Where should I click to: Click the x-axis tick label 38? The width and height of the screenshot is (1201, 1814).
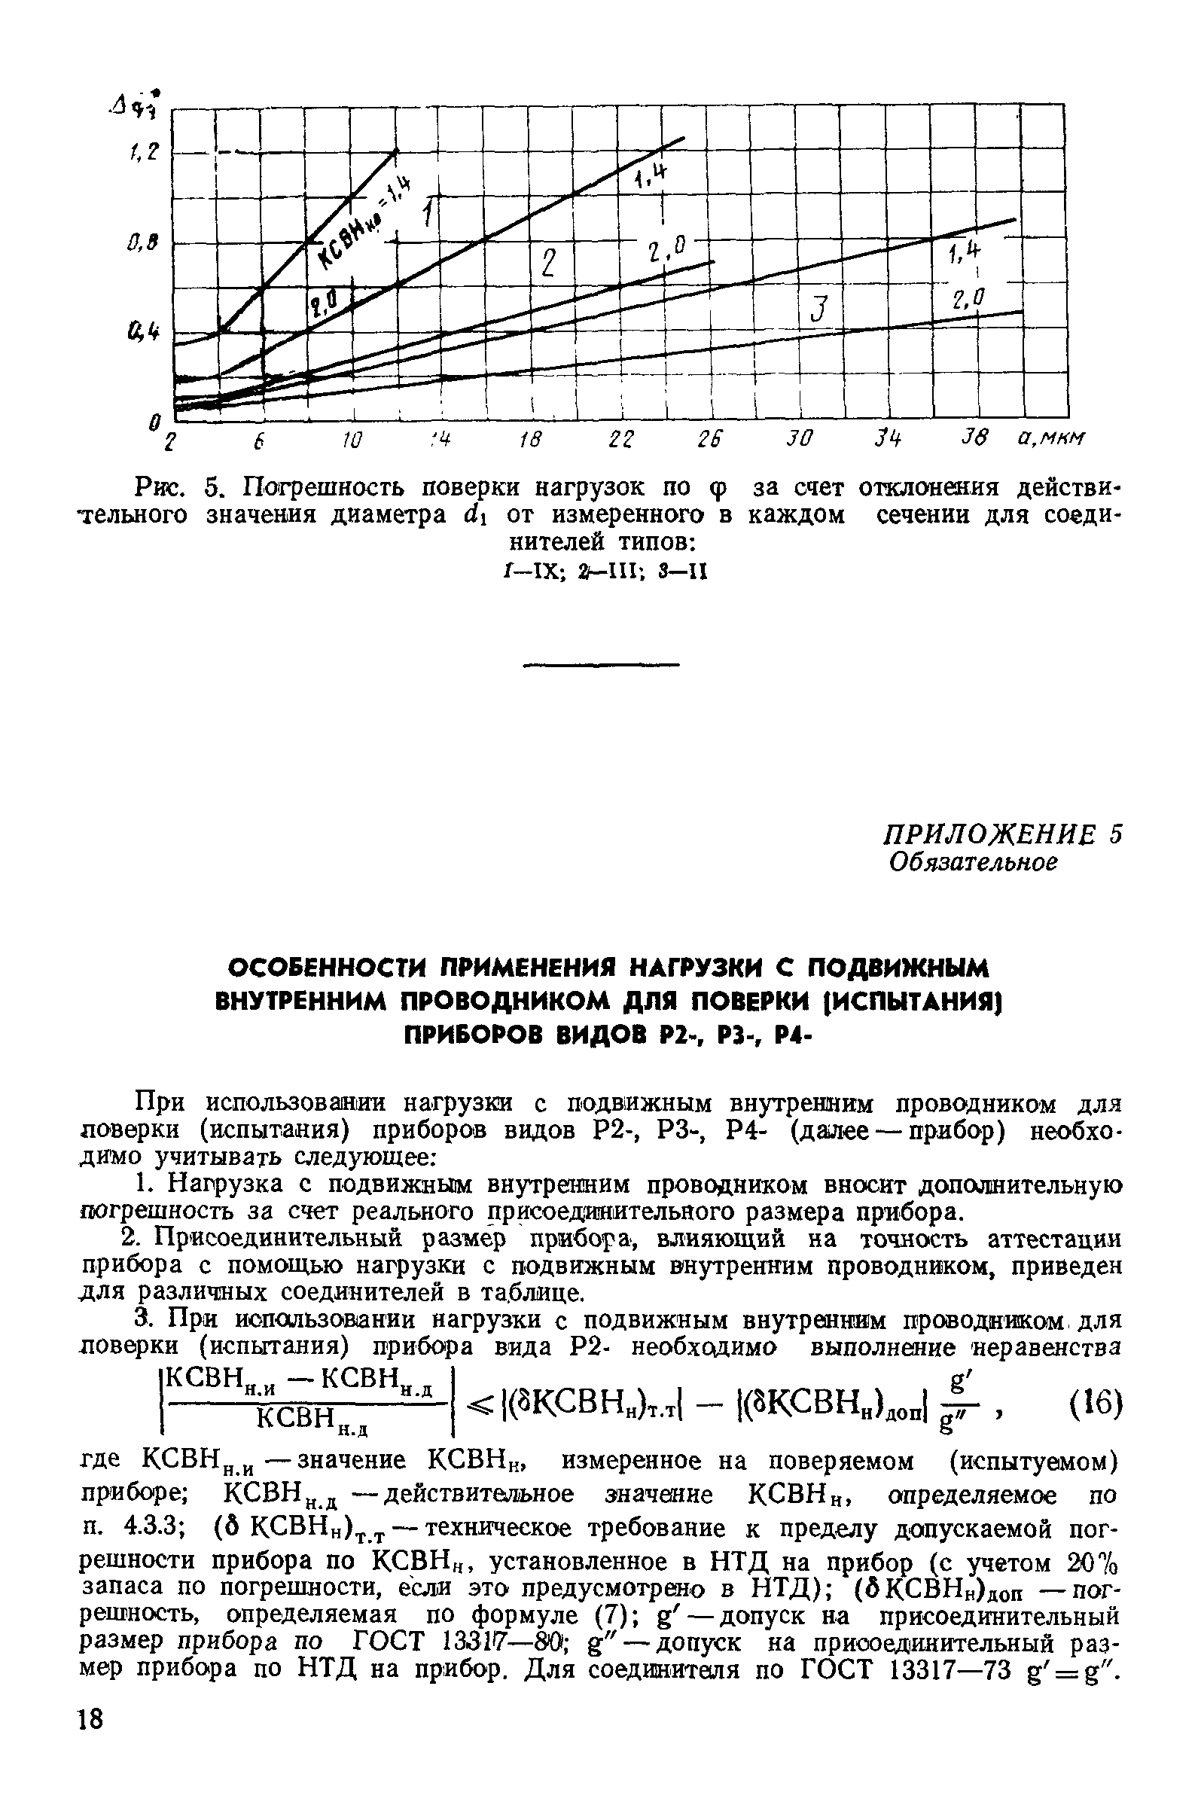coord(976,439)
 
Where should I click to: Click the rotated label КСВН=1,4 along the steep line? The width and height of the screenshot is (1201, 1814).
coord(364,223)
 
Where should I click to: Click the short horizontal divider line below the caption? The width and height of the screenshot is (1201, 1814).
coord(601,664)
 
